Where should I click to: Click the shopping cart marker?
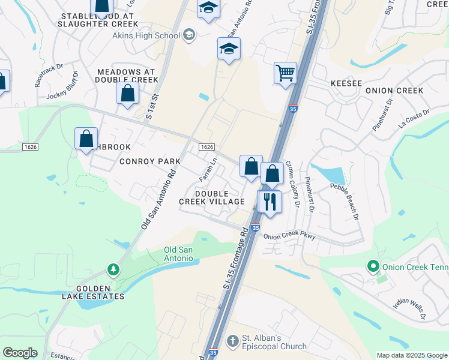point(285,73)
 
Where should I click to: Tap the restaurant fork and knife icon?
point(270,201)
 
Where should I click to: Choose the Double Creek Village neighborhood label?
point(211,197)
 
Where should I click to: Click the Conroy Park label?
point(149,161)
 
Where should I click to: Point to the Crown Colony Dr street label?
point(292,183)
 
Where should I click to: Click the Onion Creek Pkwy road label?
point(289,236)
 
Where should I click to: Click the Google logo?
point(20,353)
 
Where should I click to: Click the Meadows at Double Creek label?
point(127,76)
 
